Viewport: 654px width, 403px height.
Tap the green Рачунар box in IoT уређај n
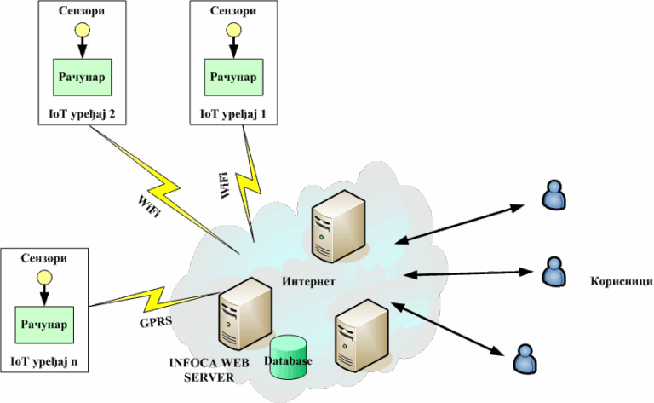[42, 325]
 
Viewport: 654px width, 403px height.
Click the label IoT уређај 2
[82, 113]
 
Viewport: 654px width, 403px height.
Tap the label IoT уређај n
[43, 361]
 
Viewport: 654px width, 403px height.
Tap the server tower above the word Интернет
[335, 227]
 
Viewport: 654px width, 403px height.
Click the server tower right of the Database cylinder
[359, 336]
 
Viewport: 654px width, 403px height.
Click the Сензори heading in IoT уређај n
[42, 258]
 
